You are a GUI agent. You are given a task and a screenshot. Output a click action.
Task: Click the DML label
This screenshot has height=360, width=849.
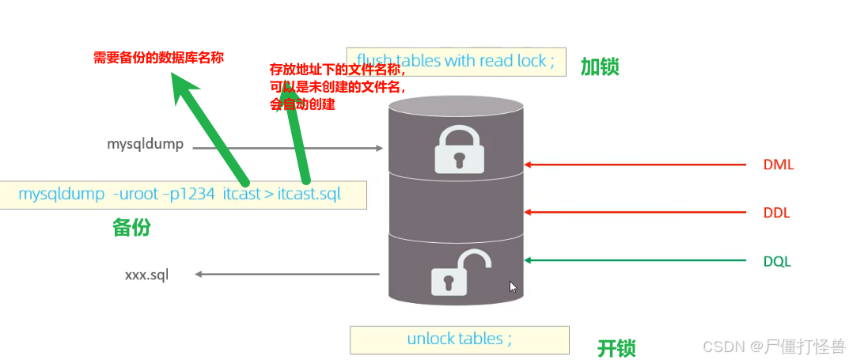pos(778,165)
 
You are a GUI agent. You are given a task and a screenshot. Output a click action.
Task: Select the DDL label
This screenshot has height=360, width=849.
pos(777,213)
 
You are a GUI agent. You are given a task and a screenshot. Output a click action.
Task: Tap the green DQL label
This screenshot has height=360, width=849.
pos(777,261)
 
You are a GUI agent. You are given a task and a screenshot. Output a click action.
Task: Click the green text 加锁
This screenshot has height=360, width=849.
pos(600,66)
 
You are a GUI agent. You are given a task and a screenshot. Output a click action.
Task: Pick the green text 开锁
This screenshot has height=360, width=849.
pos(616,347)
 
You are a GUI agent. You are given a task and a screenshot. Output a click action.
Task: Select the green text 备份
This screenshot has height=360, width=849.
pos(131,228)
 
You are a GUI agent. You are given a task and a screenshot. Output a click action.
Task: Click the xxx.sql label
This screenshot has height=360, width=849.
pos(146,275)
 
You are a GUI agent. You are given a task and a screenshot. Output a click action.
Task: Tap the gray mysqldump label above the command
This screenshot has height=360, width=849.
pos(146,144)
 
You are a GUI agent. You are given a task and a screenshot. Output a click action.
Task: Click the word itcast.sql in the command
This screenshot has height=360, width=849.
pos(309,194)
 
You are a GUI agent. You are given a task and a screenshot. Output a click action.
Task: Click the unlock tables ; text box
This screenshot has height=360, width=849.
pos(459,339)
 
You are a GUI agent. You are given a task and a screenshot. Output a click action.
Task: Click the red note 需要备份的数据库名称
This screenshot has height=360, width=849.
pos(159,57)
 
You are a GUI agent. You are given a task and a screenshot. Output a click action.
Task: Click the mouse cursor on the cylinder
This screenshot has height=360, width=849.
pos(513,286)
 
